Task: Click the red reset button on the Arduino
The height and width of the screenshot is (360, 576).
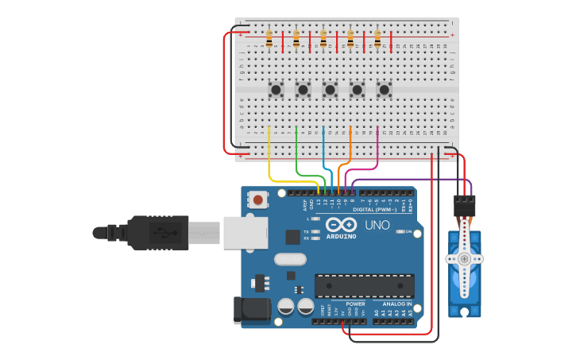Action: click(258, 199)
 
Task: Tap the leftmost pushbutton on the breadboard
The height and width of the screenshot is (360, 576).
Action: click(276, 90)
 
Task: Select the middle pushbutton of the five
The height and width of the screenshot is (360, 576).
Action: click(330, 90)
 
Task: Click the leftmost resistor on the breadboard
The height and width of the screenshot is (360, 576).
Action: click(269, 38)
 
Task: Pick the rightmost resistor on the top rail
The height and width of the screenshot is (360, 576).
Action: click(377, 38)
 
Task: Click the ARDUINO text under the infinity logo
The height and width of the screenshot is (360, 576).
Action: click(341, 236)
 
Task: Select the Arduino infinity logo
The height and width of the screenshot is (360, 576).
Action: click(341, 226)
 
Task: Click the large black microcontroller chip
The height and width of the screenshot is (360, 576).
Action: click(364, 285)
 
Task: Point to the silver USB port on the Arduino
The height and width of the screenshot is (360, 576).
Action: click(245, 233)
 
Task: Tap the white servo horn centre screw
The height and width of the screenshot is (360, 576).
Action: click(464, 258)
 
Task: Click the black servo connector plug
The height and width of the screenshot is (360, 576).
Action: click(464, 206)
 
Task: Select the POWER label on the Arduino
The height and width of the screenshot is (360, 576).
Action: click(355, 304)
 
